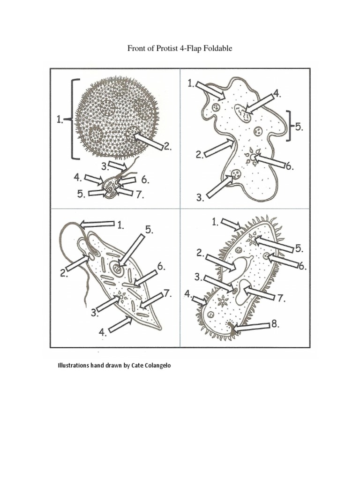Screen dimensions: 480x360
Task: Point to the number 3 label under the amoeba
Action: click(x=200, y=198)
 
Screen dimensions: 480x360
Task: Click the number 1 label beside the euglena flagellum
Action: click(x=120, y=225)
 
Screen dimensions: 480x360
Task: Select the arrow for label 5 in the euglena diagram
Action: click(x=132, y=247)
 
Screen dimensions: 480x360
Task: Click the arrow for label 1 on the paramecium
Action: click(x=230, y=224)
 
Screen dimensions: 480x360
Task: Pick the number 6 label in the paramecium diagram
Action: click(x=302, y=266)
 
